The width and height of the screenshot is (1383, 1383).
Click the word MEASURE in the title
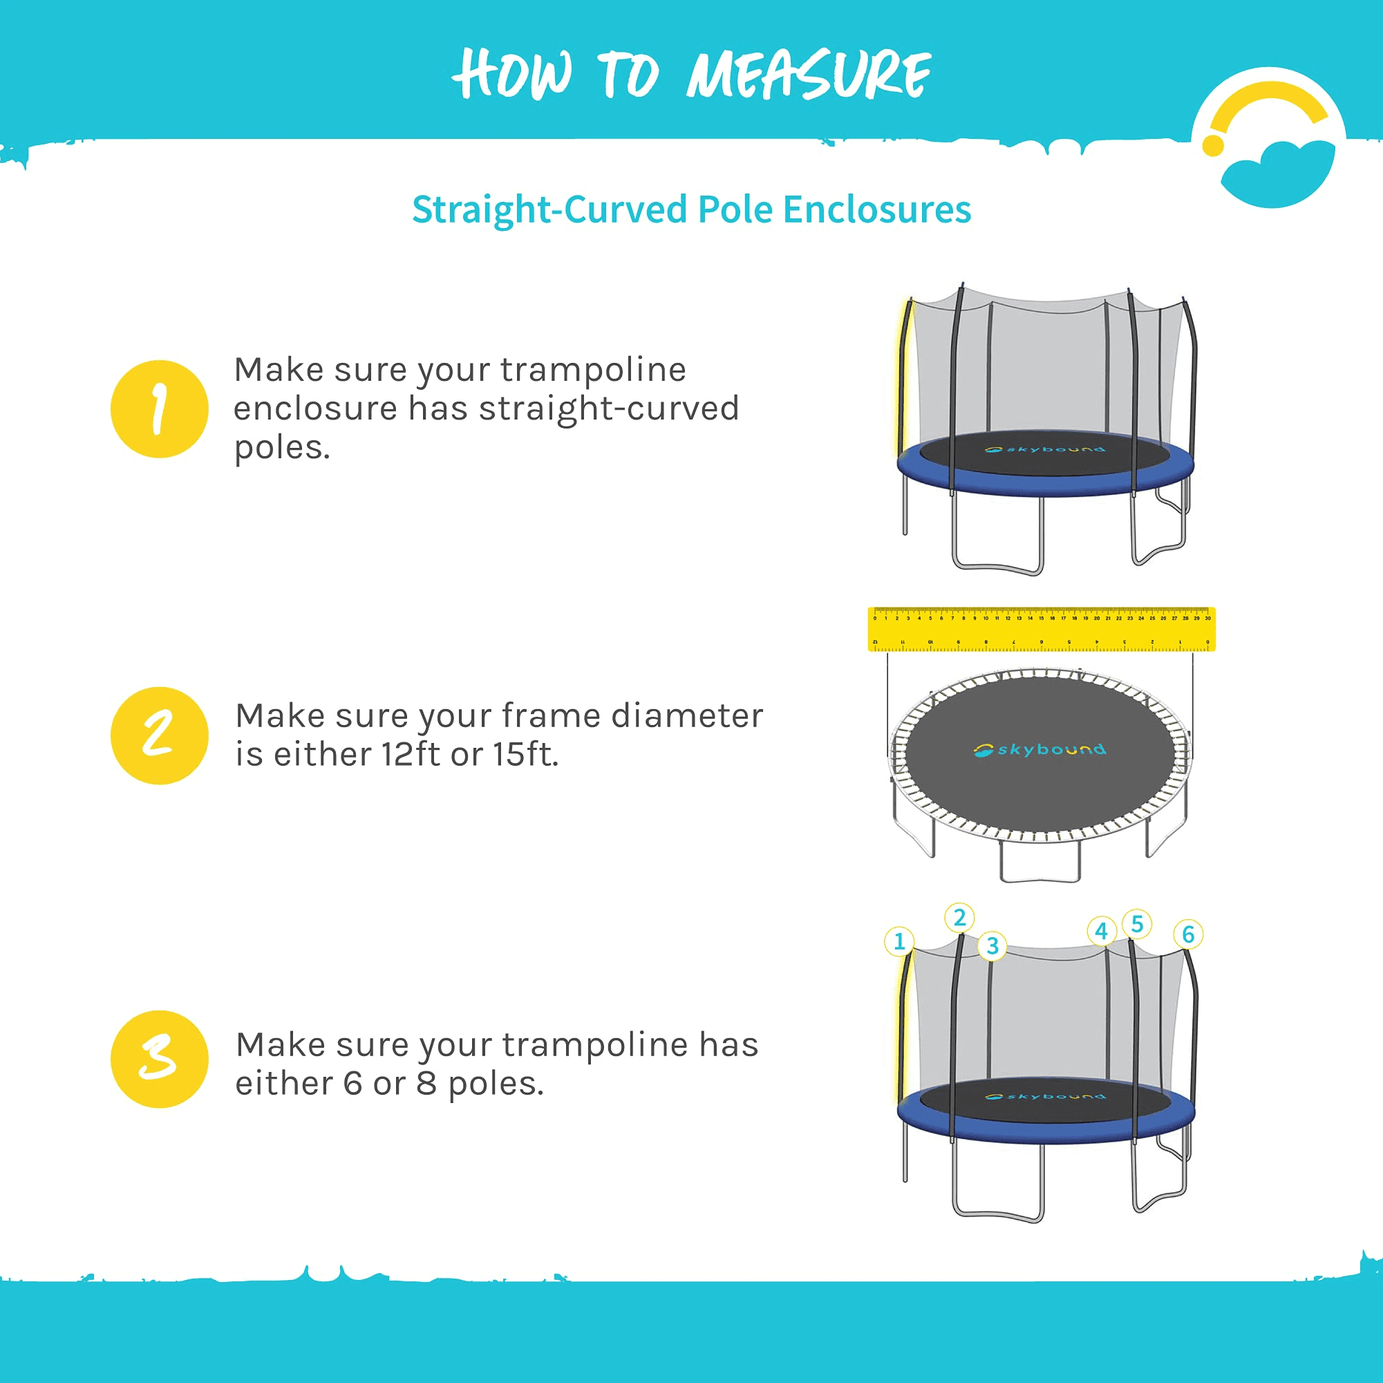click(809, 75)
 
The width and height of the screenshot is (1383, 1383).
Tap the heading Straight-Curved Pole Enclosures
click(691, 209)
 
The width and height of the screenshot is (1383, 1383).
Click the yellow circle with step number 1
click(160, 408)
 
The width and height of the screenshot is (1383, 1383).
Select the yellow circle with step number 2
click(160, 735)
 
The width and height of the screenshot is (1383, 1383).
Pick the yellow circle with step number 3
click(160, 1059)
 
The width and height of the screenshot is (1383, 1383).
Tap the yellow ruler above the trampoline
click(1042, 629)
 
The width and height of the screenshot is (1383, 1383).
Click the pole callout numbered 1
click(900, 941)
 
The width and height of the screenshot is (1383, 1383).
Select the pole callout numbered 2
click(959, 918)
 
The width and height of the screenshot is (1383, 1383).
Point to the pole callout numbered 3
click(992, 946)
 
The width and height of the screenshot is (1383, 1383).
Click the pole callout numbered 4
click(1102, 930)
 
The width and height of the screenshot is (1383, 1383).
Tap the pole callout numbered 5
click(1137, 923)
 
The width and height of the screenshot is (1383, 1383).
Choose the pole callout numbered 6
click(1188, 934)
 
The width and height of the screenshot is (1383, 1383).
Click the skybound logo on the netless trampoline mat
click(1039, 749)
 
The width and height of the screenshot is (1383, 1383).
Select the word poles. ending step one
click(282, 448)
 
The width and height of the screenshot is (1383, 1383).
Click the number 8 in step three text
click(426, 1084)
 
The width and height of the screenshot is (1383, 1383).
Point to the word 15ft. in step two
click(525, 755)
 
